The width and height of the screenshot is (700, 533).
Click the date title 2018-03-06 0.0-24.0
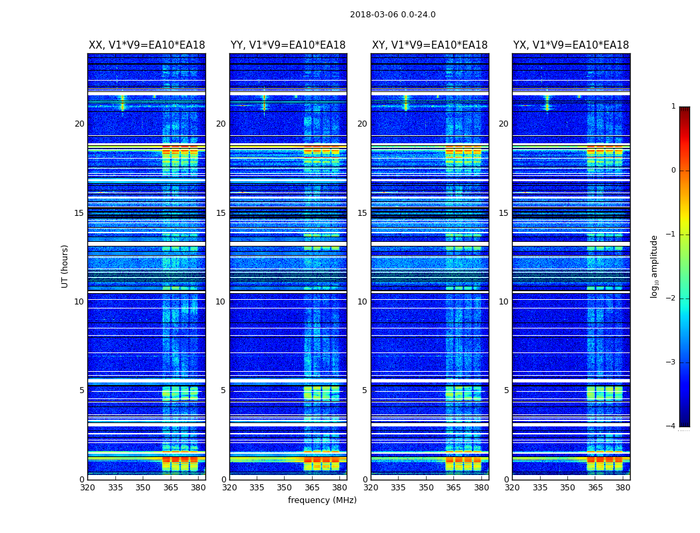click(393, 15)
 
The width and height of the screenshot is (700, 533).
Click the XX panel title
click(147, 45)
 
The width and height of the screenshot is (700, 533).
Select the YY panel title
click(288, 45)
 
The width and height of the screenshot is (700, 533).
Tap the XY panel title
click(429, 45)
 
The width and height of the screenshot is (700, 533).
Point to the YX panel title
click(571, 45)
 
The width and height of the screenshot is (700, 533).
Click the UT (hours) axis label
click(65, 266)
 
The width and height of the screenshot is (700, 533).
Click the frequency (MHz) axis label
click(322, 500)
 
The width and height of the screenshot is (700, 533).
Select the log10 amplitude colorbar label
click(655, 266)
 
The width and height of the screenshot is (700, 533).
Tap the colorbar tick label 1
click(673, 107)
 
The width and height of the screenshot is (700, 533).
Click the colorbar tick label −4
click(671, 426)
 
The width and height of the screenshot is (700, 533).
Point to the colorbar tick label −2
click(671, 298)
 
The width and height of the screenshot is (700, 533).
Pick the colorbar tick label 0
click(673, 171)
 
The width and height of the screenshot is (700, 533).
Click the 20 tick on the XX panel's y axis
click(79, 124)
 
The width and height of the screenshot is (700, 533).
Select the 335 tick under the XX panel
click(115, 488)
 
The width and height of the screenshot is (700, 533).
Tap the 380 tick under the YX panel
click(623, 488)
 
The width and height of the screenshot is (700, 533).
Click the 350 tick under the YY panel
click(285, 488)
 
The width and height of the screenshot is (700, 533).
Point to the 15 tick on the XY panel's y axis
click(362, 213)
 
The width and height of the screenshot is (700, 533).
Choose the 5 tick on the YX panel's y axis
click(506, 390)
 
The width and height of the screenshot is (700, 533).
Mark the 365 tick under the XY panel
click(453, 488)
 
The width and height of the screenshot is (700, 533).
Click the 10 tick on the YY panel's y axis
click(221, 302)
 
